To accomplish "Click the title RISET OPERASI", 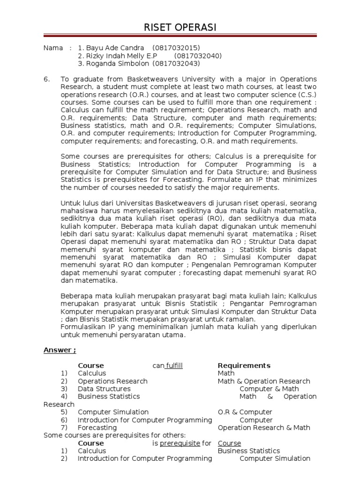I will (180, 28).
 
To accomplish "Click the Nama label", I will (52, 48).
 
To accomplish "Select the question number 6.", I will (47, 79).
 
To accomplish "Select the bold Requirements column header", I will (244, 366).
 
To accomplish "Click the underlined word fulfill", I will (173, 366).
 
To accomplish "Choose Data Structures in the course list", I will (104, 389).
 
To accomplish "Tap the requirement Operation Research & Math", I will (264, 427).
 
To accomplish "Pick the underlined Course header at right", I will (229, 443).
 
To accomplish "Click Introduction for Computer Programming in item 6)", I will (145, 420).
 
